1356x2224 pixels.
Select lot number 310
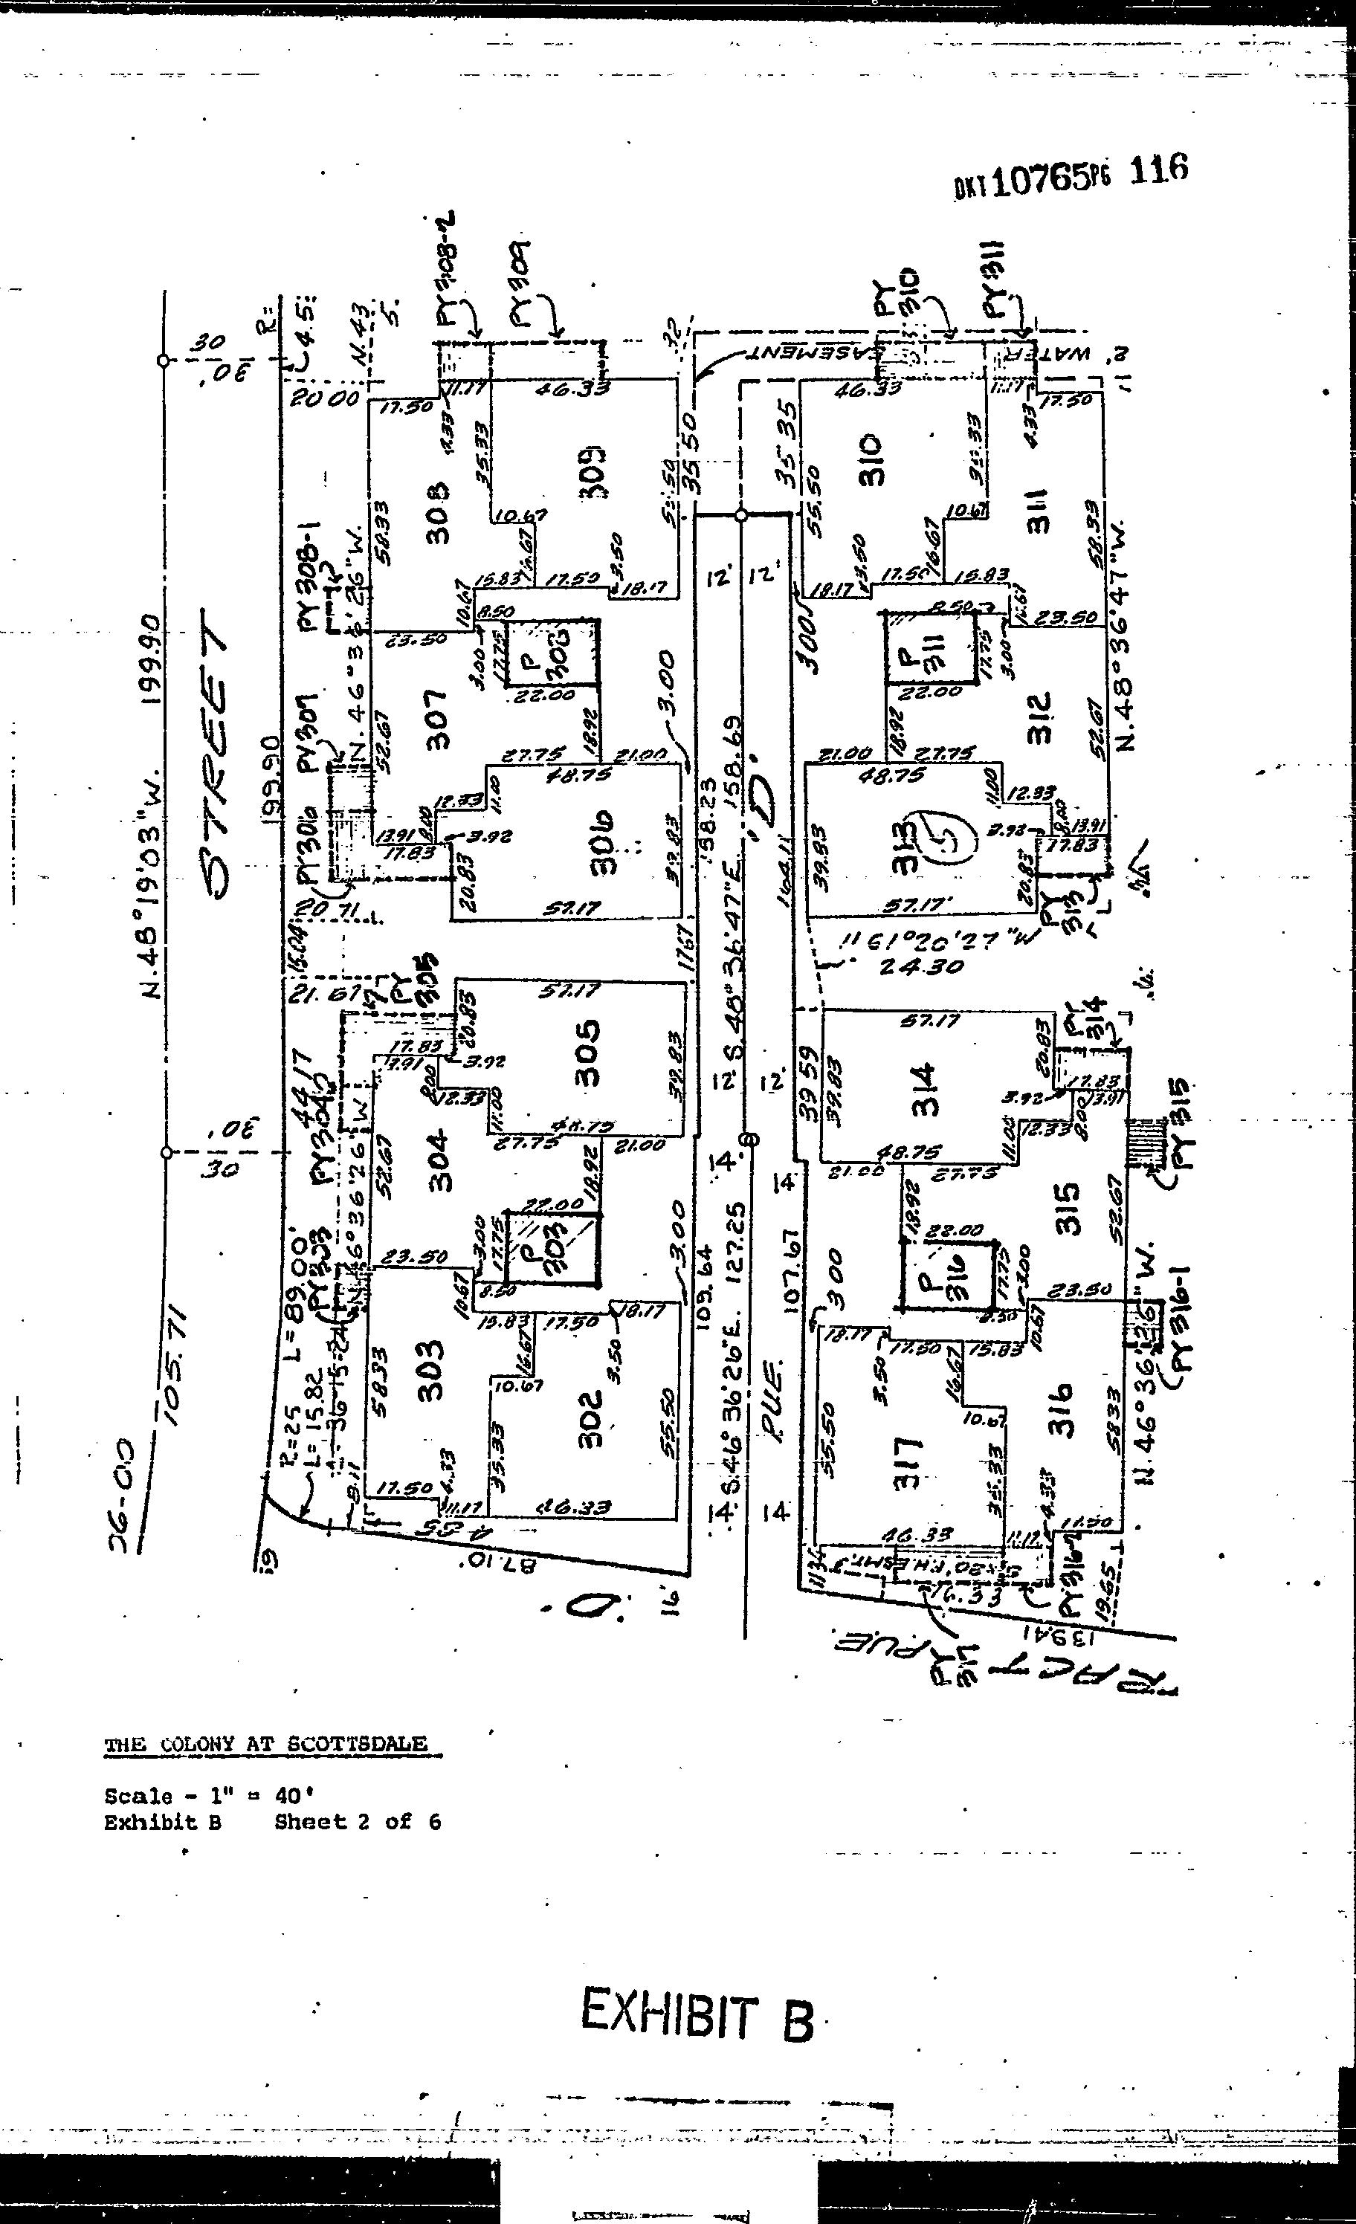pos(872,459)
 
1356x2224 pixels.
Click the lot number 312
pos(1039,717)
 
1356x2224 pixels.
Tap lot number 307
pos(437,719)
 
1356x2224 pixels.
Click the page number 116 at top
pos(1158,171)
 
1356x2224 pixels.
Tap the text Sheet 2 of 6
pos(358,1823)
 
